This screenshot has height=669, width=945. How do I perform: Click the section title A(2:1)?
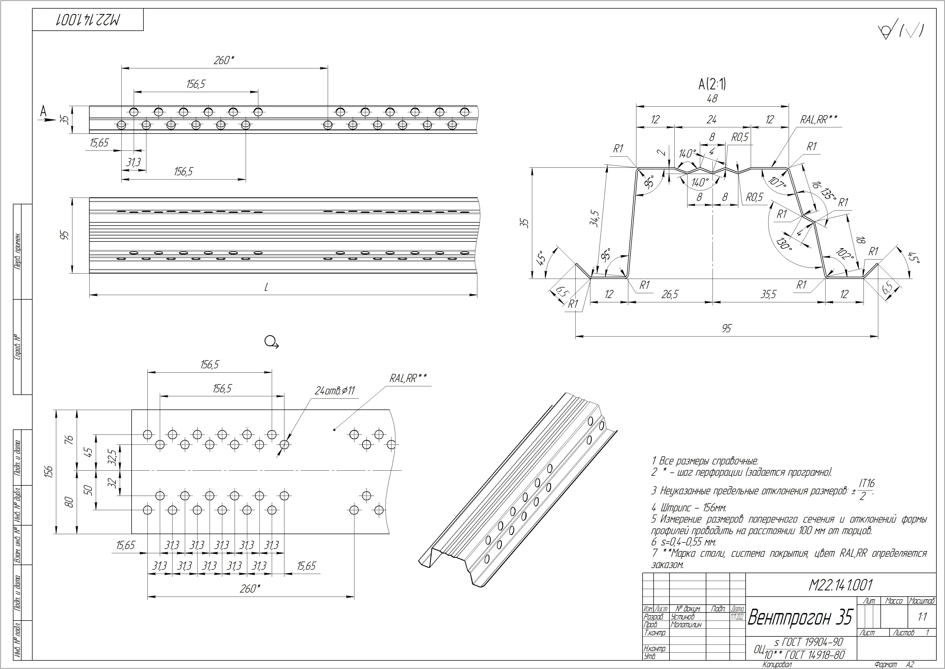(712, 85)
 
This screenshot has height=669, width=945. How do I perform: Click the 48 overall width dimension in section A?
(712, 99)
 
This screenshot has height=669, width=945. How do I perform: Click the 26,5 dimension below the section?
(670, 294)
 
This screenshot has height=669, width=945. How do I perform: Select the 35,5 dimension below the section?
(768, 294)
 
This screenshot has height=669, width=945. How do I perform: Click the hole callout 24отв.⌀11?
(334, 391)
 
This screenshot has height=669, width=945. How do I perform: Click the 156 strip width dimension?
(49, 471)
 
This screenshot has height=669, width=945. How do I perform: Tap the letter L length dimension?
(266, 287)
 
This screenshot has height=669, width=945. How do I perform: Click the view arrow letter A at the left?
(43, 111)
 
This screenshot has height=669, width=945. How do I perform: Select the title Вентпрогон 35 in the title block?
(800, 617)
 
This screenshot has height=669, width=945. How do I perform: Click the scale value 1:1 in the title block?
(922, 617)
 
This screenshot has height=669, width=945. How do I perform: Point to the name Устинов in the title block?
(682, 617)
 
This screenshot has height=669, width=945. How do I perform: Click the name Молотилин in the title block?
(686, 625)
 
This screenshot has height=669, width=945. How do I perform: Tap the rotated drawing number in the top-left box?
(88, 20)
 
